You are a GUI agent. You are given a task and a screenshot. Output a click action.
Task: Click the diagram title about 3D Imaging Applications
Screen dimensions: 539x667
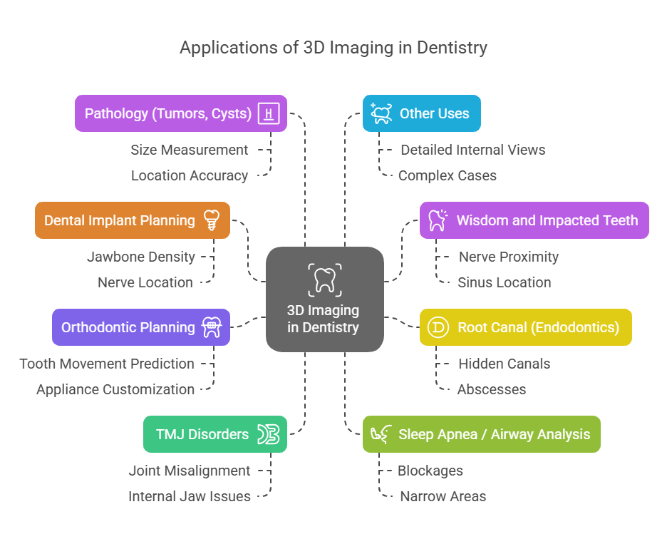click(333, 48)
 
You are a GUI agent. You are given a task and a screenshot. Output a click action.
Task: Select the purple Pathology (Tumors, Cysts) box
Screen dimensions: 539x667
click(181, 113)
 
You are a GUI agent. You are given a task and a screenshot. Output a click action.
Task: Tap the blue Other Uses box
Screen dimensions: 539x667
click(421, 113)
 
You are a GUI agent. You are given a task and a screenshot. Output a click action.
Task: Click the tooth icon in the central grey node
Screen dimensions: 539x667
click(325, 279)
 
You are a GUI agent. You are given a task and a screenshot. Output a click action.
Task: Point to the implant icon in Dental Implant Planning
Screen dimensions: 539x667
click(211, 220)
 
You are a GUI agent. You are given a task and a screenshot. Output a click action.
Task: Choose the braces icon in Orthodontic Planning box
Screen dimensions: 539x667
click(212, 327)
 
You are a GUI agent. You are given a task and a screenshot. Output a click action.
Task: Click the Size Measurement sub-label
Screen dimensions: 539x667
click(190, 150)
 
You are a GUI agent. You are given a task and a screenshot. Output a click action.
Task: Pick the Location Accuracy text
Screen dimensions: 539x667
click(190, 175)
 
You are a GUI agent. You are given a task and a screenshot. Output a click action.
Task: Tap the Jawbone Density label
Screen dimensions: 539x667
click(140, 257)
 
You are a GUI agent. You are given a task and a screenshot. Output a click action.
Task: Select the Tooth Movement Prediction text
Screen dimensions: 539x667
click(107, 364)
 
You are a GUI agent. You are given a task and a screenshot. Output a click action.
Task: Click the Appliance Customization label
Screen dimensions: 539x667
click(115, 389)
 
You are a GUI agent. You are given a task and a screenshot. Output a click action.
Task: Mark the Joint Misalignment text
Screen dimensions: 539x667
click(190, 471)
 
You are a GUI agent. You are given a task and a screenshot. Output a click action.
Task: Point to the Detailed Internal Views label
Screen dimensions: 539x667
click(472, 150)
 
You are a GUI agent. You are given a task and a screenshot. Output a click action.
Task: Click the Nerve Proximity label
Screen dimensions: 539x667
click(508, 257)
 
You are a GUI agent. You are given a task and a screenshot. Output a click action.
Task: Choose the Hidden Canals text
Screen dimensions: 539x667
click(504, 364)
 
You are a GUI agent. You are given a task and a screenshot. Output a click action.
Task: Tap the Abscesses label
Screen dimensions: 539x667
click(492, 389)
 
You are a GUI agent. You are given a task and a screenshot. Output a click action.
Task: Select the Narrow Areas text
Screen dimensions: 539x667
click(443, 496)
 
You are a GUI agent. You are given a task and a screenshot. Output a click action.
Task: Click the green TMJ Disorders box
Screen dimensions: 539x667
click(215, 434)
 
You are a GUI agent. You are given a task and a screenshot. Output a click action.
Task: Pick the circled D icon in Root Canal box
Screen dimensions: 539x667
click(437, 327)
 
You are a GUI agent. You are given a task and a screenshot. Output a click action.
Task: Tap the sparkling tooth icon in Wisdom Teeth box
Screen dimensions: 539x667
click(437, 220)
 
